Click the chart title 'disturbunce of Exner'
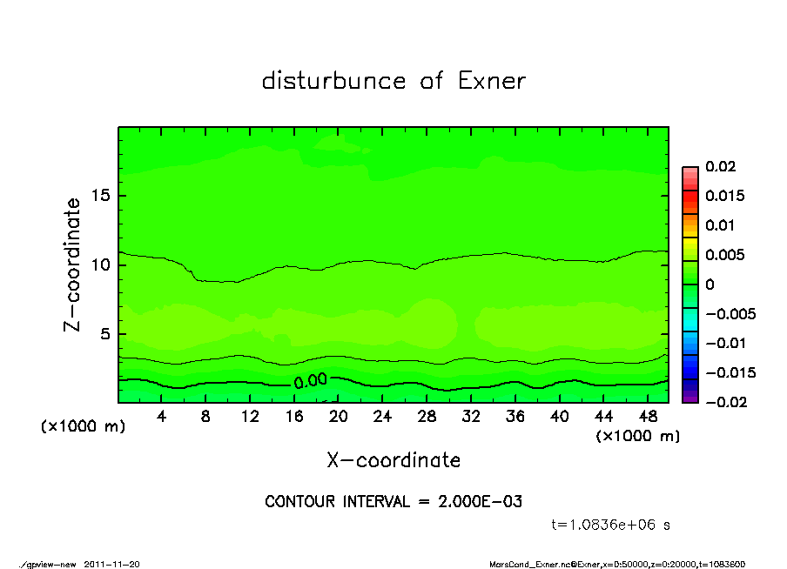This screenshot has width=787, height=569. coord(393,81)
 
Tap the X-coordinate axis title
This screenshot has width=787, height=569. coord(393,459)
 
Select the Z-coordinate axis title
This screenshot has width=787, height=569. coord(73,264)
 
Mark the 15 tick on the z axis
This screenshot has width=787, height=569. coord(99,196)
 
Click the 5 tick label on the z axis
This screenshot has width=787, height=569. coord(104,333)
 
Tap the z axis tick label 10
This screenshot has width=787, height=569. coord(99,264)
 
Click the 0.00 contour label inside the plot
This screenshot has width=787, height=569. coord(310,381)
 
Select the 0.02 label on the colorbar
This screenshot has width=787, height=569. coord(721,166)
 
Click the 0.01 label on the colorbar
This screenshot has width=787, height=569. coord(721,225)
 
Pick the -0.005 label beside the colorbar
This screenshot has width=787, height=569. coord(730,313)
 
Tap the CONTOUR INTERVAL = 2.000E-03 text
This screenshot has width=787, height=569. coord(393,501)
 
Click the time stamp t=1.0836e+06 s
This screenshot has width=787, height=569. coord(611,525)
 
